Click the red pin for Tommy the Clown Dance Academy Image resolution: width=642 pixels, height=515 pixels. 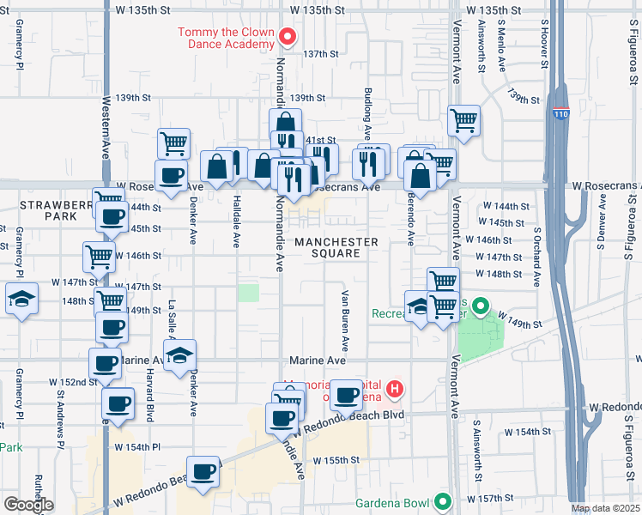point(288,37)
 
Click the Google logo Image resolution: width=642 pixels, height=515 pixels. point(27,505)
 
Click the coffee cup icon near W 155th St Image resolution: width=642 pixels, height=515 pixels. point(203,470)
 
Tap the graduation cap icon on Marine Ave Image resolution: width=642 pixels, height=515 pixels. point(180,354)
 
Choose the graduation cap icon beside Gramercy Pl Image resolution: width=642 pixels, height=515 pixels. point(21,299)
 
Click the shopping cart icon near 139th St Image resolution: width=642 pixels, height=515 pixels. point(463,119)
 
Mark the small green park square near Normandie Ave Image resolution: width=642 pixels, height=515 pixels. point(248,293)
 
